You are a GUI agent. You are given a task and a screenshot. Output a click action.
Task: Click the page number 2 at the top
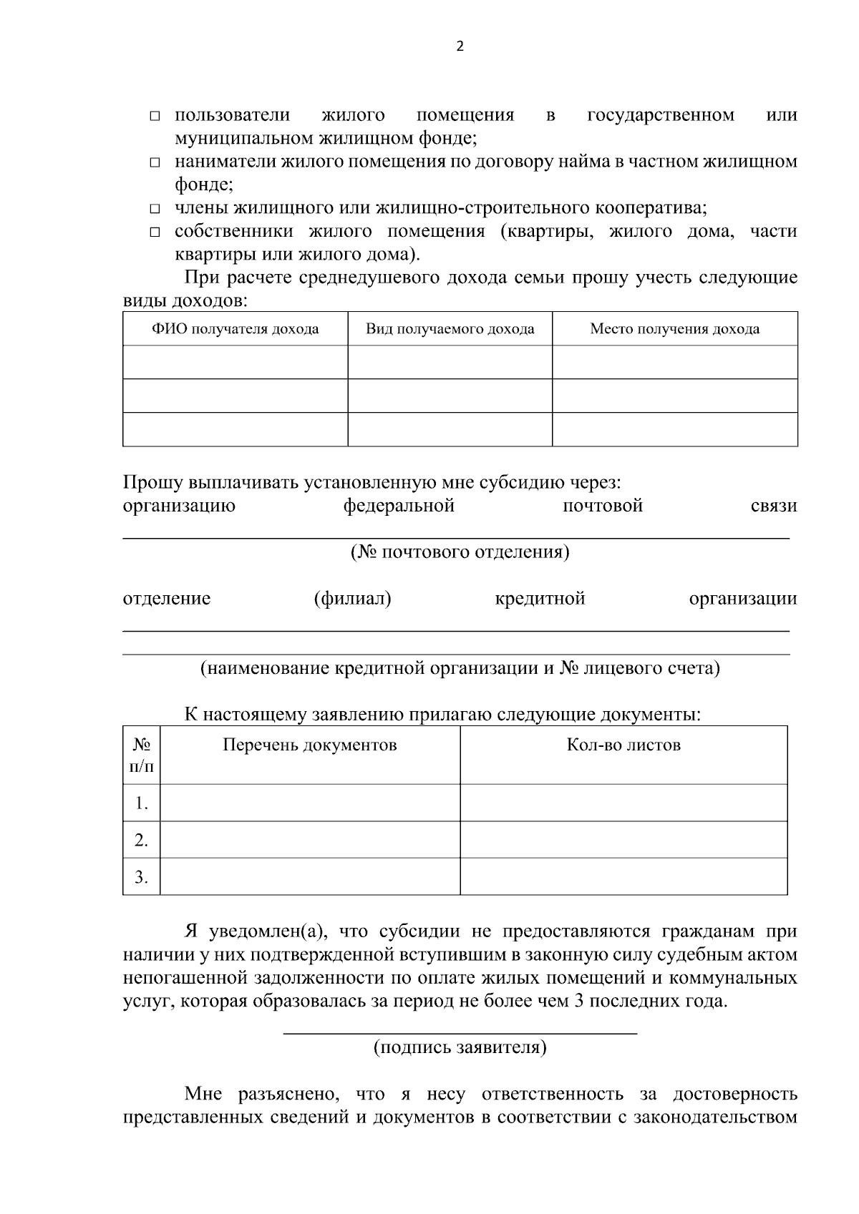pyautogui.click(x=460, y=47)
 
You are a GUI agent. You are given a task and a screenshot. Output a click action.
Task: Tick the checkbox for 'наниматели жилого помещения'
pyautogui.click(x=155, y=163)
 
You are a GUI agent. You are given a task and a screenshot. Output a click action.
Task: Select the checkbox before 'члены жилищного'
pyautogui.click(x=155, y=210)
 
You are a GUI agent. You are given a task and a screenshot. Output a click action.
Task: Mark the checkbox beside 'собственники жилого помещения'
pyautogui.click(x=155, y=232)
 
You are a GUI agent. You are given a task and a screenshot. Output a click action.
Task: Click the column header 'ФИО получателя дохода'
pyautogui.click(x=235, y=329)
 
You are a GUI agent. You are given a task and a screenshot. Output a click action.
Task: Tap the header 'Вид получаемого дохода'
pyautogui.click(x=450, y=329)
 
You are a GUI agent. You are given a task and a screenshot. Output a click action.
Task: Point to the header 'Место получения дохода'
pyautogui.click(x=674, y=329)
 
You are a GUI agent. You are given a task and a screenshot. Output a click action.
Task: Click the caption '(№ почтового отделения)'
pyautogui.click(x=460, y=552)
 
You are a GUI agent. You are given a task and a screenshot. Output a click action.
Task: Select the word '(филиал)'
pyautogui.click(x=352, y=598)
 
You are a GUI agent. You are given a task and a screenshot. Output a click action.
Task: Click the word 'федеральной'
pyautogui.click(x=399, y=506)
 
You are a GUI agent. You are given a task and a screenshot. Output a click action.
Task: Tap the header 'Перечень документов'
pyautogui.click(x=309, y=745)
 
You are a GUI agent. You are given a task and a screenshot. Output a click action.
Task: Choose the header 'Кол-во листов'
pyautogui.click(x=623, y=745)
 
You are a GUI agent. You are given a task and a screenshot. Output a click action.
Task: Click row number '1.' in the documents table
pyautogui.click(x=142, y=803)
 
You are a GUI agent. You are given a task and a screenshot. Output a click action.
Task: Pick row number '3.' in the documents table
pyautogui.click(x=142, y=877)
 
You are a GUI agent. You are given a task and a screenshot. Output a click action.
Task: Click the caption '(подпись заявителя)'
pyautogui.click(x=460, y=1048)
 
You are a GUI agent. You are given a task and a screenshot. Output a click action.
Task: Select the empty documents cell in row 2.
pyautogui.click(x=309, y=840)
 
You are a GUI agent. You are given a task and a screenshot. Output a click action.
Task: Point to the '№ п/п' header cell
pyautogui.click(x=142, y=755)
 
